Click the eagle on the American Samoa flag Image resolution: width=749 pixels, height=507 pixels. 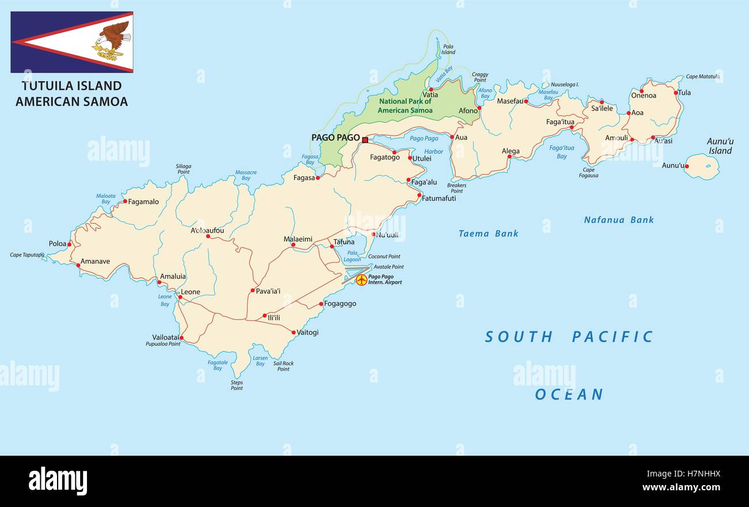tap(113, 40)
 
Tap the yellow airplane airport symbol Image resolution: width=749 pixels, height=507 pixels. tap(361, 280)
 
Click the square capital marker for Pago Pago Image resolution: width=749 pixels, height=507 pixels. tap(365, 139)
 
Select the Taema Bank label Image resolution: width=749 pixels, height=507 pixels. tap(488, 233)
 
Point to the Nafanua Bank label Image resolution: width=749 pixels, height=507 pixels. tap(619, 220)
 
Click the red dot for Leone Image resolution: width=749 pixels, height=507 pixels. tap(180, 297)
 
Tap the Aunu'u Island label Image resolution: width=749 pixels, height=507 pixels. tap(720, 146)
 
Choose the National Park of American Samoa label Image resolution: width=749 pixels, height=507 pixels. tap(405, 106)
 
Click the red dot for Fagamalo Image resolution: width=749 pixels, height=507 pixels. tap(125, 201)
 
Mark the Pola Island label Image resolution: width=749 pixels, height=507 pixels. tap(448, 49)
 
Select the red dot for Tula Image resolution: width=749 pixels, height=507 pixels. tap(676, 92)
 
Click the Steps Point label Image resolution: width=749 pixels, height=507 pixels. tap(237, 385)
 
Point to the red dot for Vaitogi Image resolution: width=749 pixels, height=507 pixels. tap(293, 332)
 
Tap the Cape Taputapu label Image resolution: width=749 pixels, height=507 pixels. tap(27, 255)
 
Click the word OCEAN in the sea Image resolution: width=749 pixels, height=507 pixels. tap(569, 394)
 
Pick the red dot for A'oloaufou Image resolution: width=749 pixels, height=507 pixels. tap(207, 236)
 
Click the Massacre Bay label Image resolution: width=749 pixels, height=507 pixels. tap(246, 175)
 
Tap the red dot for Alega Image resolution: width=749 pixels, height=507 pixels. tap(509, 156)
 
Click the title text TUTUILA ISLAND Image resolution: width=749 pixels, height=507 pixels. tap(71, 86)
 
